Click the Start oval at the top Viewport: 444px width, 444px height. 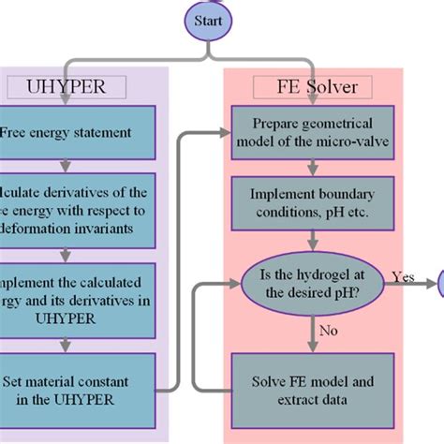coord(207,19)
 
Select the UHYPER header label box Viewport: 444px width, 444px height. coord(68,88)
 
